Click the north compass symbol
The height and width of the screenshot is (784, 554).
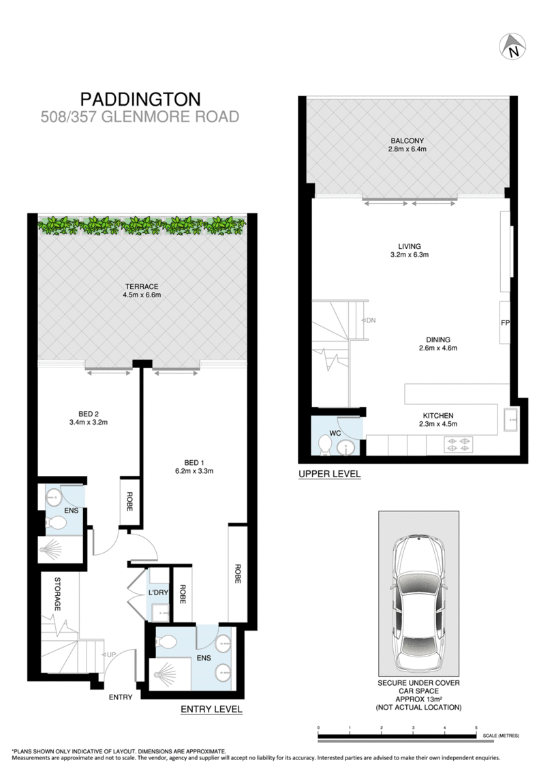(513, 46)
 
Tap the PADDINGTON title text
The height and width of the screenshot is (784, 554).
(141, 99)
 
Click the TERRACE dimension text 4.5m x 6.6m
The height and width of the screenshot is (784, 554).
(141, 295)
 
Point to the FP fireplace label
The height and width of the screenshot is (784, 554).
(505, 323)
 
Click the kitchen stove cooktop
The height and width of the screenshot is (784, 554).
(457, 445)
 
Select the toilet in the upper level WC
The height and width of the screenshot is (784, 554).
(326, 445)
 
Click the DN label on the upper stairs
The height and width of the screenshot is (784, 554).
(371, 320)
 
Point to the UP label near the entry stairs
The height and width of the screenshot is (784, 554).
(110, 654)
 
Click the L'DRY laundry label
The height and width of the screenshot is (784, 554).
(158, 592)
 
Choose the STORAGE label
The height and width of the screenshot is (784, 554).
(59, 594)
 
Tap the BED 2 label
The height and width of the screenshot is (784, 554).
(89, 413)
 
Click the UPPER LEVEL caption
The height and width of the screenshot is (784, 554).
(329, 473)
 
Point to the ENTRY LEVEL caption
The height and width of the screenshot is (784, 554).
(211, 710)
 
